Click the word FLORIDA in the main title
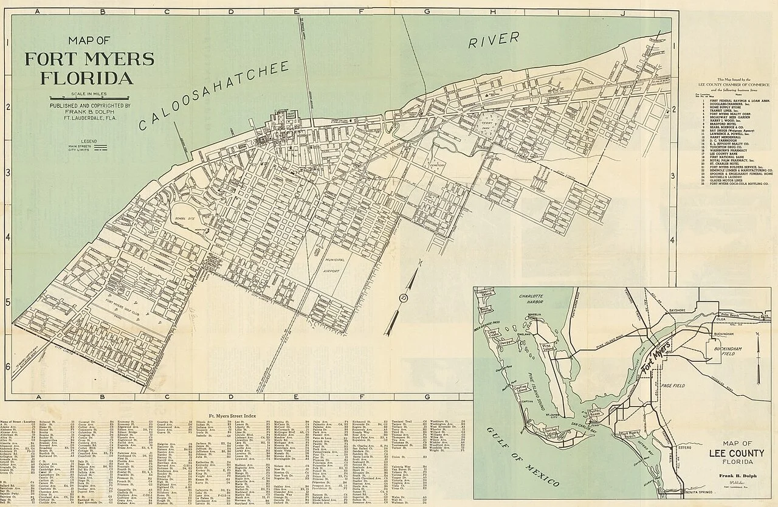[x=87, y=78]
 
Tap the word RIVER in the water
[x=494, y=41]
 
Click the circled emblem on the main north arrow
[x=402, y=298]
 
